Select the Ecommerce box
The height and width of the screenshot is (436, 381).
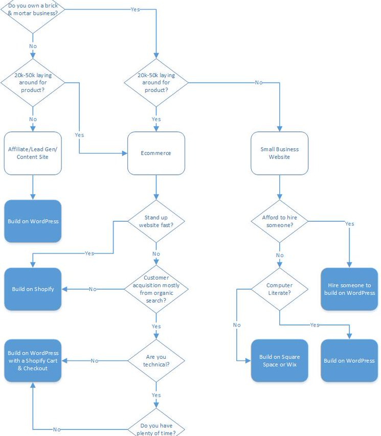(x=156, y=153)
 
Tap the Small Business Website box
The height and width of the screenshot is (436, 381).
(x=279, y=153)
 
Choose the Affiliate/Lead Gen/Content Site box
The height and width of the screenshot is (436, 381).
(x=33, y=153)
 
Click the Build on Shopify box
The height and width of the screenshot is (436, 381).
(x=33, y=289)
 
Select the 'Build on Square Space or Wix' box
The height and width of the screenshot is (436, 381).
(x=279, y=360)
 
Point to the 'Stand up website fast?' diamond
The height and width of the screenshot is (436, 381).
(x=156, y=221)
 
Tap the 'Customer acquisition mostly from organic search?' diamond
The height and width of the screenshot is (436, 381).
(x=156, y=289)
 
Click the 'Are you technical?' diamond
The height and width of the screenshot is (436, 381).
(x=156, y=360)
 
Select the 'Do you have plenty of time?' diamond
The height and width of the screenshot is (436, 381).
(x=156, y=425)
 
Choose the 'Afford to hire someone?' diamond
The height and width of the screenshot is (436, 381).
(x=279, y=221)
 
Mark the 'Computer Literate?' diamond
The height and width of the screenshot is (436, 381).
(x=279, y=289)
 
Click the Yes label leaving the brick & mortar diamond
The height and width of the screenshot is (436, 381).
(x=136, y=10)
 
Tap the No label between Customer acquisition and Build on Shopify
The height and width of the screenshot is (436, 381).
(x=93, y=289)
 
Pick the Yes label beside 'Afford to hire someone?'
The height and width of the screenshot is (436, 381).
(x=349, y=224)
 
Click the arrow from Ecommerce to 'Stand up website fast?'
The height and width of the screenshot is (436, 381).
(x=156, y=189)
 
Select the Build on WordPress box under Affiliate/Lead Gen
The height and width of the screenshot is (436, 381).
(x=33, y=221)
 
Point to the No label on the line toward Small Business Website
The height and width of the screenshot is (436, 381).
(x=259, y=82)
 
